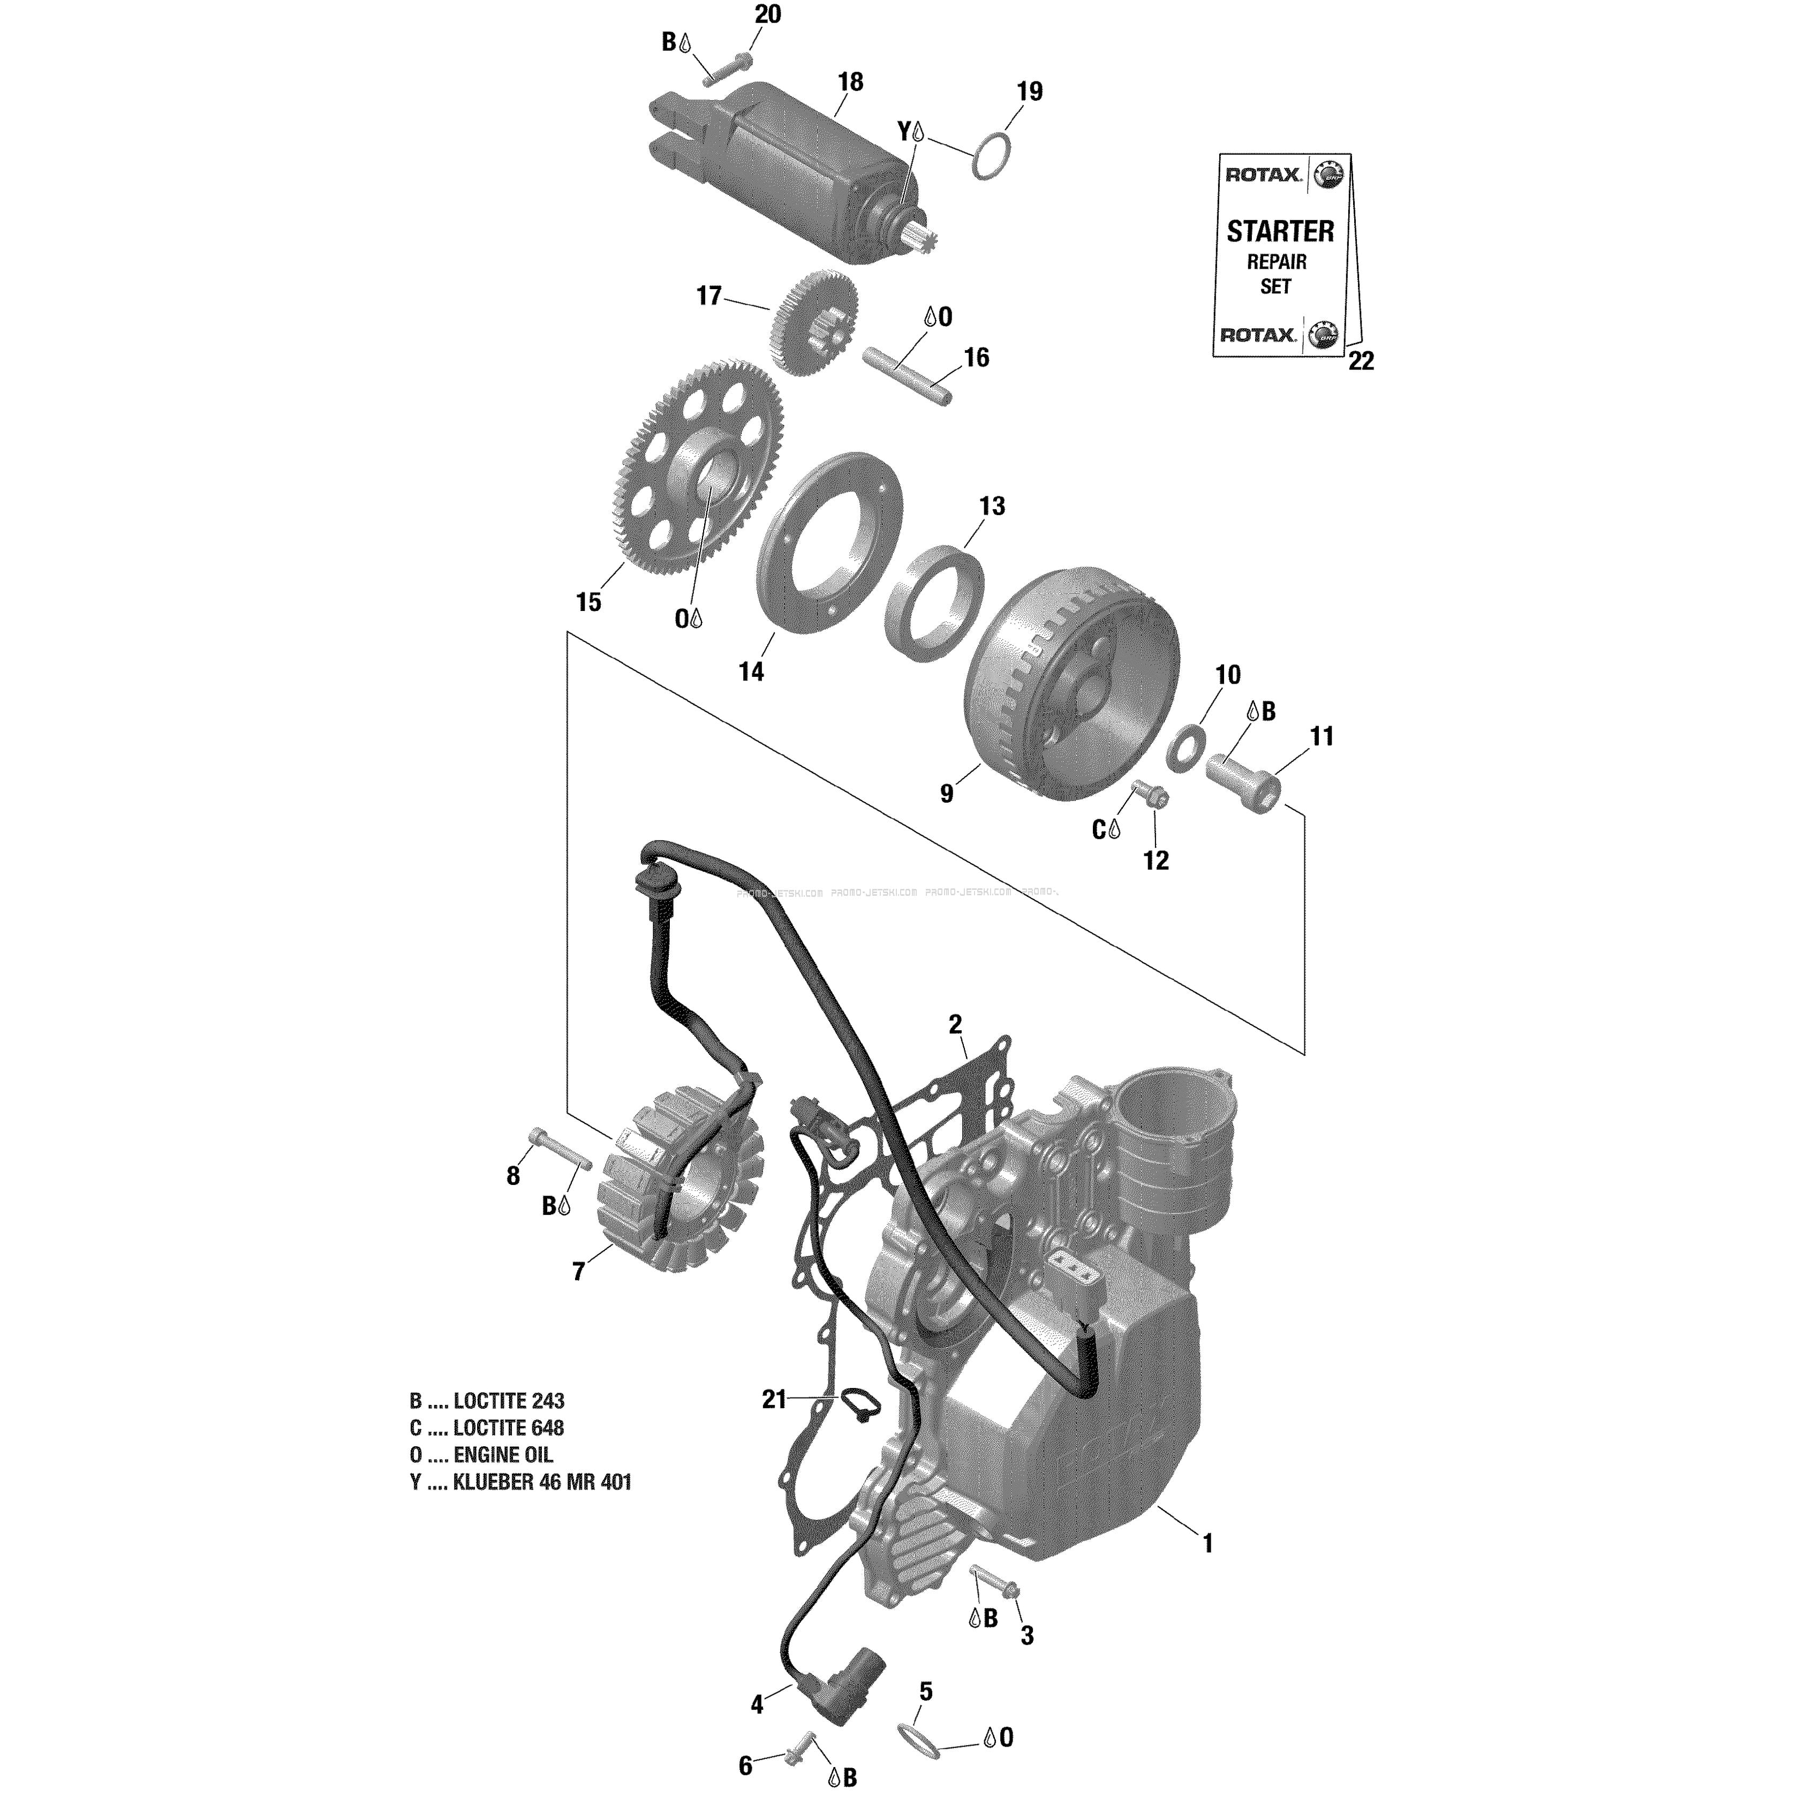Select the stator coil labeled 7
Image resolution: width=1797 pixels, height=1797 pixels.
point(684,1192)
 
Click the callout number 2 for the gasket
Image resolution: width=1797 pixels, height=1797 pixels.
point(955,1025)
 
